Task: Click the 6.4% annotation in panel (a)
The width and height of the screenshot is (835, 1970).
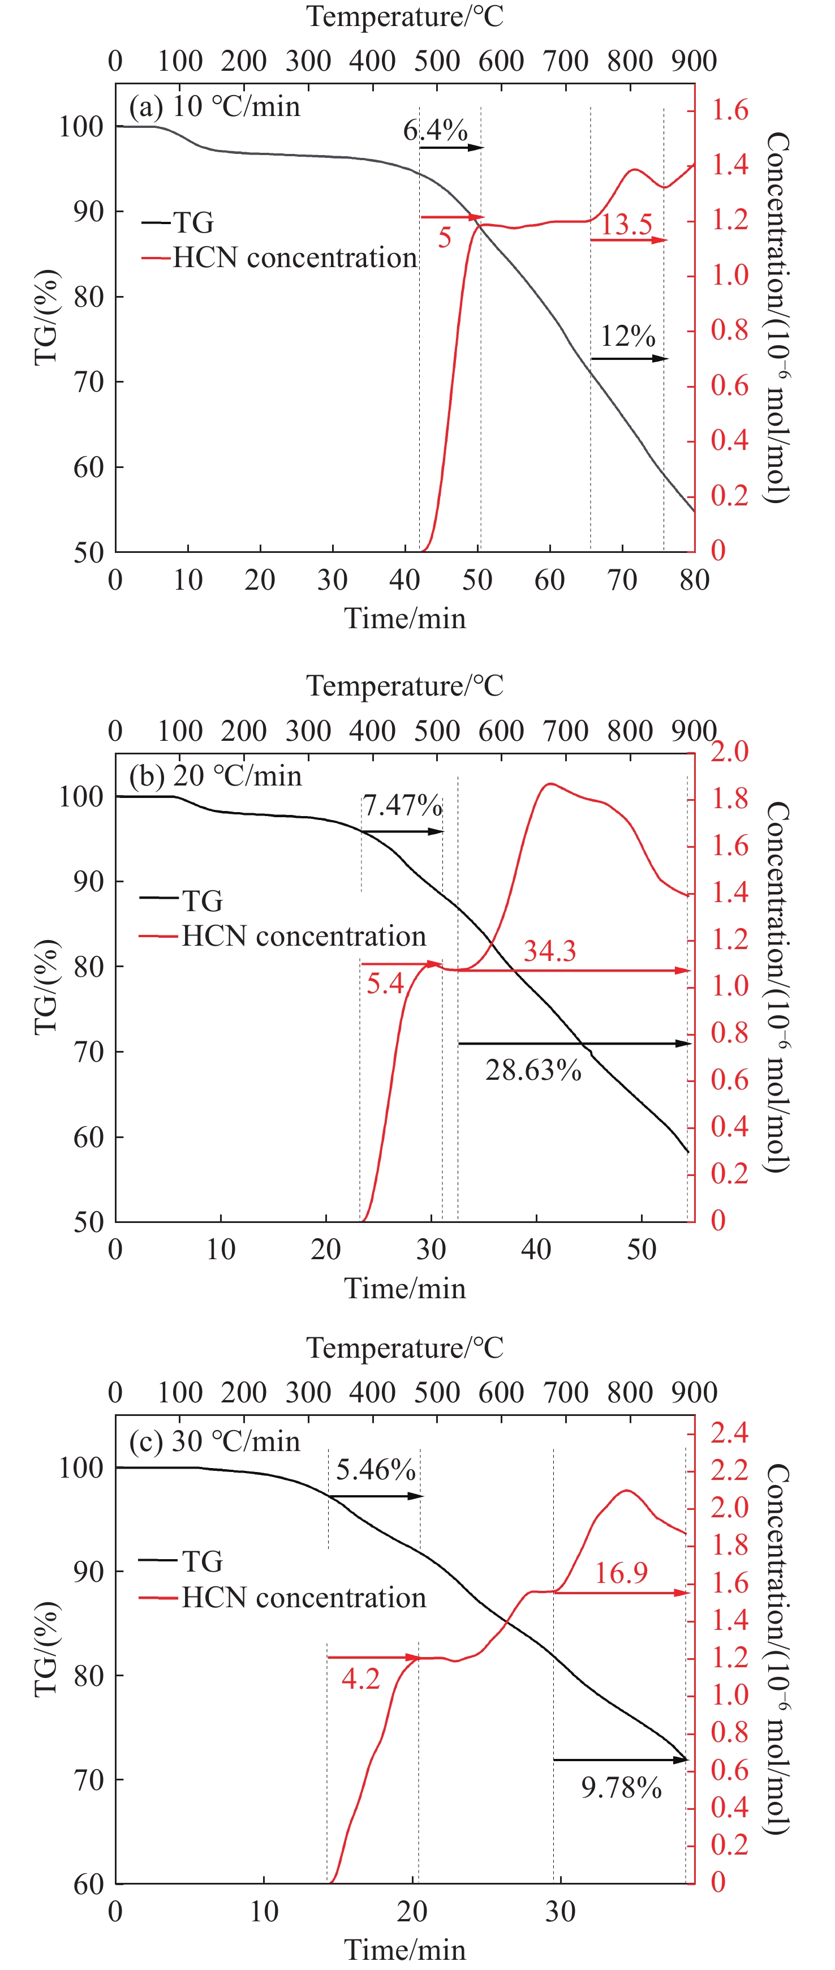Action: coord(435,130)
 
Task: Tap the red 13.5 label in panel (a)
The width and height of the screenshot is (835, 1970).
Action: coord(626,225)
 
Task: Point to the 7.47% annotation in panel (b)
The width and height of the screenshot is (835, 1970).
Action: coord(402,805)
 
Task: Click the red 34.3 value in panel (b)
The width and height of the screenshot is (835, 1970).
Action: coord(550,951)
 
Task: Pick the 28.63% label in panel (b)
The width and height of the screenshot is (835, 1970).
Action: coord(533,1070)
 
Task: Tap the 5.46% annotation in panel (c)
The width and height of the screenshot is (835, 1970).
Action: coord(376,1470)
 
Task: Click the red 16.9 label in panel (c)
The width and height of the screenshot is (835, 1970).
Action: coord(621,1573)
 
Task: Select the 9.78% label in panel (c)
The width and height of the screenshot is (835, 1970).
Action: coord(621,1788)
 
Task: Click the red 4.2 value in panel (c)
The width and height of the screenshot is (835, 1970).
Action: coord(360,1679)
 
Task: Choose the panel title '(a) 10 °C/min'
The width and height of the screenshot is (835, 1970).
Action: coord(215,106)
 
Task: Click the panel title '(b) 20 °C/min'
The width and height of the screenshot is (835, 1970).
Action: coord(216,776)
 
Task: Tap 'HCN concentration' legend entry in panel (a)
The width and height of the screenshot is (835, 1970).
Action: coord(294,257)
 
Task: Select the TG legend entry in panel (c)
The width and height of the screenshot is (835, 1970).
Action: coord(202,1561)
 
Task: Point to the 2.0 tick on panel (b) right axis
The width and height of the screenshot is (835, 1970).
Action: coord(729,751)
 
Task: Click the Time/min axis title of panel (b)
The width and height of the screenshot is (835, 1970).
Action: coord(404,1288)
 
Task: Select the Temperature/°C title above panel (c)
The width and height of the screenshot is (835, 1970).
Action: coord(404,1347)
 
